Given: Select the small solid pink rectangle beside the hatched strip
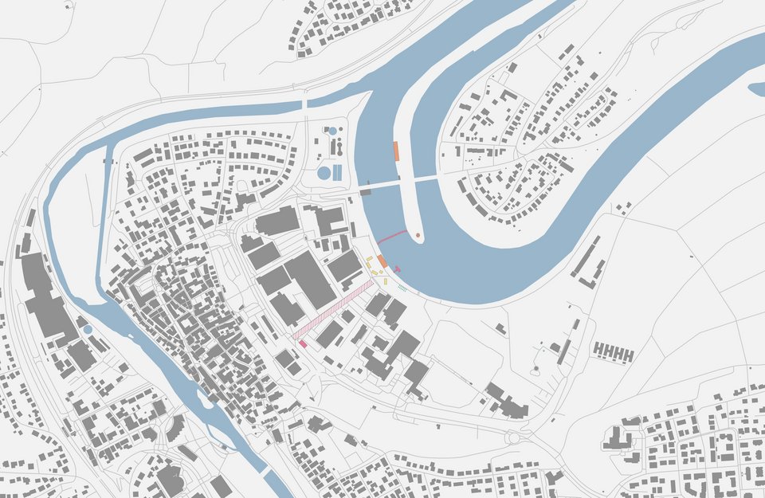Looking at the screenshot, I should [303, 343].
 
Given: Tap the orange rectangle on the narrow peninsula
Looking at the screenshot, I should [396, 151].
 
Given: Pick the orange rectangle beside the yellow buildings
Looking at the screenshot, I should [382, 261].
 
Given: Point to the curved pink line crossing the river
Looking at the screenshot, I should [390, 237].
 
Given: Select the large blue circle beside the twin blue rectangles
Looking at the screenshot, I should [324, 172].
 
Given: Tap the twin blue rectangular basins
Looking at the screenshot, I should [337, 172].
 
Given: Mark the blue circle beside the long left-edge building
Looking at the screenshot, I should [88, 329].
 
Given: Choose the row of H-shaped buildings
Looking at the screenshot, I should [614, 352].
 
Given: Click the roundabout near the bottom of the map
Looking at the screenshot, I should [513, 437].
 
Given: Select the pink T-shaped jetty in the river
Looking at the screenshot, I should [397, 269].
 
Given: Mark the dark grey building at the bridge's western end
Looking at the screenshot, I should [365, 191].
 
